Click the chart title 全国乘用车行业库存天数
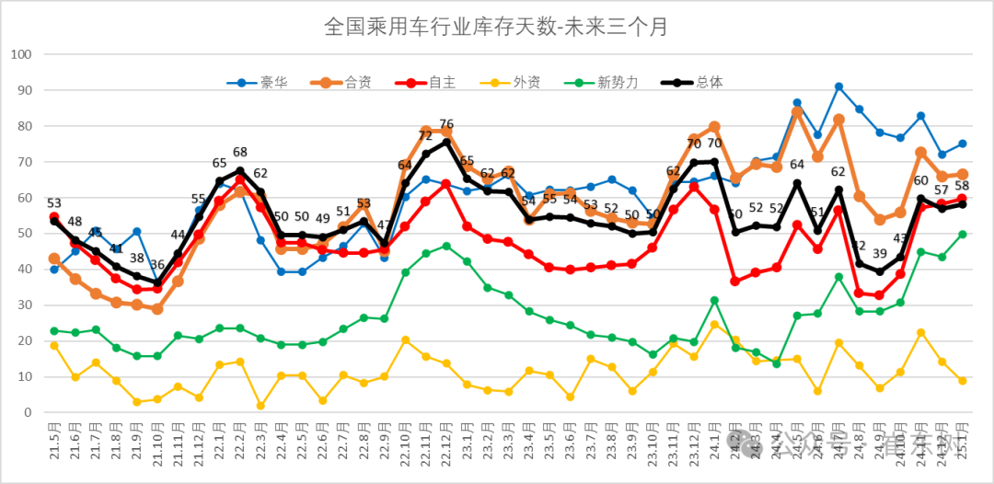click(x=496, y=27)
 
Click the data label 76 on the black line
click(x=446, y=124)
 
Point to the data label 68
click(x=240, y=153)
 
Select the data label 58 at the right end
click(x=963, y=186)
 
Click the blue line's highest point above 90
click(x=838, y=86)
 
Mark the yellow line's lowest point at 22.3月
click(x=260, y=406)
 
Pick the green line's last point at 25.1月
click(x=962, y=234)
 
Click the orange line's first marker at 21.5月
click(x=54, y=259)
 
